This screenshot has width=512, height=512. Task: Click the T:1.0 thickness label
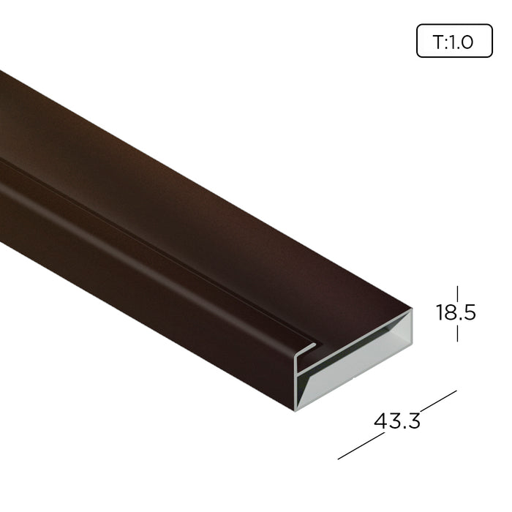pyautogui.click(x=453, y=42)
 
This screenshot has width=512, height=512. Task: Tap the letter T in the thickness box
pyautogui.click(x=438, y=42)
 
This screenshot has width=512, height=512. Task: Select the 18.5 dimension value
pyautogui.click(x=456, y=312)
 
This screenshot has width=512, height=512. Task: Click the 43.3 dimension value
pyautogui.click(x=396, y=421)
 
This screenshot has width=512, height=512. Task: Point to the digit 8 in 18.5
pyautogui.click(x=450, y=312)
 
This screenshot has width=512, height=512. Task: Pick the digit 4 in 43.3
pyautogui.click(x=380, y=421)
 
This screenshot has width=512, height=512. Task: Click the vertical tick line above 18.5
pyautogui.click(x=457, y=294)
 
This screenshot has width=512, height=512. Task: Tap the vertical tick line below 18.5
pyautogui.click(x=457, y=334)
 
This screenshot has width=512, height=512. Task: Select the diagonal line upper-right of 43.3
pyautogui.click(x=438, y=401)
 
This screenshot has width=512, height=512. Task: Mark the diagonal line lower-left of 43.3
pyautogui.click(x=361, y=446)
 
